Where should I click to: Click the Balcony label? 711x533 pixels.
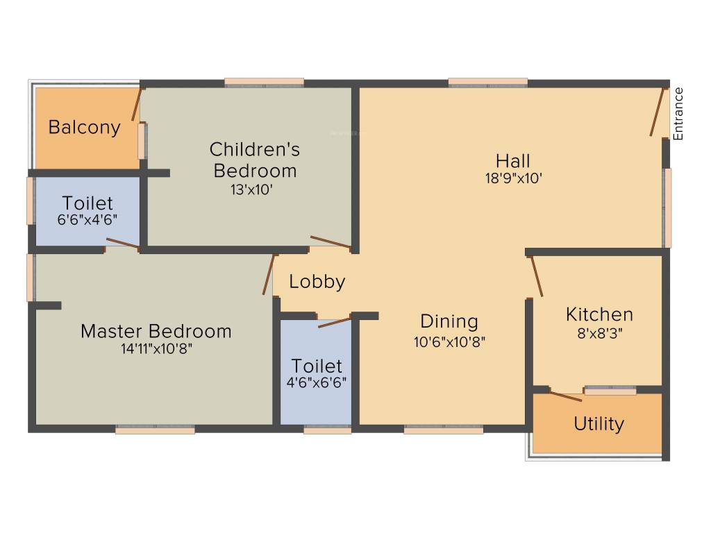(x=84, y=128)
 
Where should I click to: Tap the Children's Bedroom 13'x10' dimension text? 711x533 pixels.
(x=255, y=189)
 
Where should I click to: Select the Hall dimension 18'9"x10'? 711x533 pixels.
(x=513, y=178)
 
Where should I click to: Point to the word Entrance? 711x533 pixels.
(x=678, y=114)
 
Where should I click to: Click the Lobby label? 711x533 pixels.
(x=317, y=282)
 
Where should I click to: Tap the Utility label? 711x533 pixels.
(x=599, y=423)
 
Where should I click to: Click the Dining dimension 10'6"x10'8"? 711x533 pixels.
(x=449, y=341)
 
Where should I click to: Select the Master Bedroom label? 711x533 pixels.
(x=156, y=331)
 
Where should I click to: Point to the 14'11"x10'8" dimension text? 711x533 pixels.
(x=156, y=349)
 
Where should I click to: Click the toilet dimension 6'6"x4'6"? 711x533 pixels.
(x=87, y=219)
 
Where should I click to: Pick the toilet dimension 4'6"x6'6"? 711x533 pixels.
(x=317, y=382)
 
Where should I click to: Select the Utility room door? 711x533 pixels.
(x=565, y=396)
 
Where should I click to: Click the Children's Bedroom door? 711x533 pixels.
(x=331, y=242)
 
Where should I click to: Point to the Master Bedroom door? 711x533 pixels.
(x=267, y=275)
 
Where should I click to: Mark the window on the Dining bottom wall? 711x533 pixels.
(x=443, y=430)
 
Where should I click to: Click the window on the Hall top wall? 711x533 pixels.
(x=487, y=83)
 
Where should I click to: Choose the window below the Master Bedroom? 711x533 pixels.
(x=155, y=430)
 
